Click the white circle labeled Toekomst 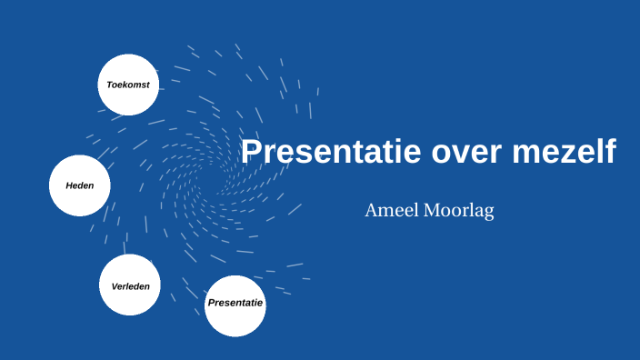(128, 85)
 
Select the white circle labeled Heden (79, 185)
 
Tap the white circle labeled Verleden (130, 285)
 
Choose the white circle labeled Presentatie (235, 305)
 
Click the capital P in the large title (252, 151)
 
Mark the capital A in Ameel (372, 211)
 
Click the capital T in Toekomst (109, 85)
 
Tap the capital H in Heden (69, 185)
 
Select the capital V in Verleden (115, 285)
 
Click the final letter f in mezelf (610, 151)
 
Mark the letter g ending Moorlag (488, 214)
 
